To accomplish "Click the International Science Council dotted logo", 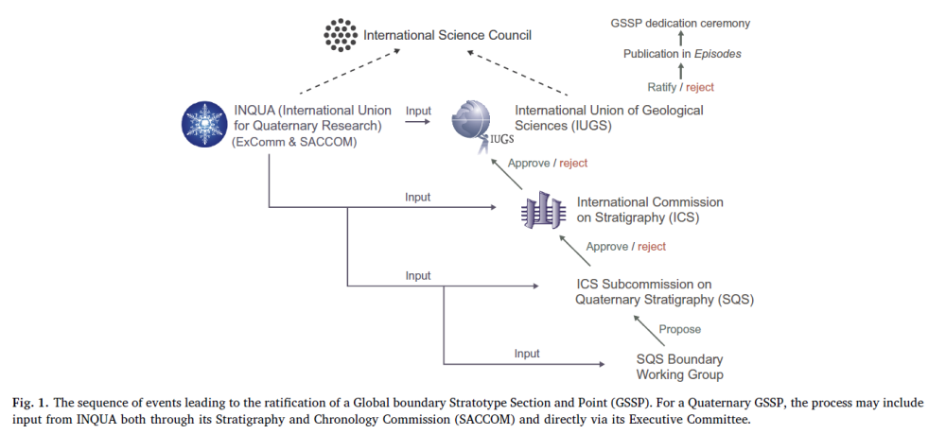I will pyautogui.click(x=339, y=34).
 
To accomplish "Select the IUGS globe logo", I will pyautogui.click(x=470, y=124).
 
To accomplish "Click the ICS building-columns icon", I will pyautogui.click(x=540, y=211).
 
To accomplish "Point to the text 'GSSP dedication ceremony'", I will pyautogui.click(x=682, y=22).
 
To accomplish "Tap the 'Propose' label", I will pyautogui.click(x=680, y=329).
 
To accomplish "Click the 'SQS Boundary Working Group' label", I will pyautogui.click(x=679, y=367).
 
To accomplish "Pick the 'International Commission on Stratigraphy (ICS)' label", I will pyautogui.click(x=650, y=210).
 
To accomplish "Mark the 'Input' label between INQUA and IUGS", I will pyautogui.click(x=418, y=112).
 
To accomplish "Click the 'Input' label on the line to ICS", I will pyautogui.click(x=417, y=198).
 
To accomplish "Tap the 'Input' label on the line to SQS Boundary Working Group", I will pyautogui.click(x=527, y=354).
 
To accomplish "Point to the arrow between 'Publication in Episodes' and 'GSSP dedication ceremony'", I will pyautogui.click(x=681, y=38).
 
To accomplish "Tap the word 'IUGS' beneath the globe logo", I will pyautogui.click(x=501, y=140).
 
